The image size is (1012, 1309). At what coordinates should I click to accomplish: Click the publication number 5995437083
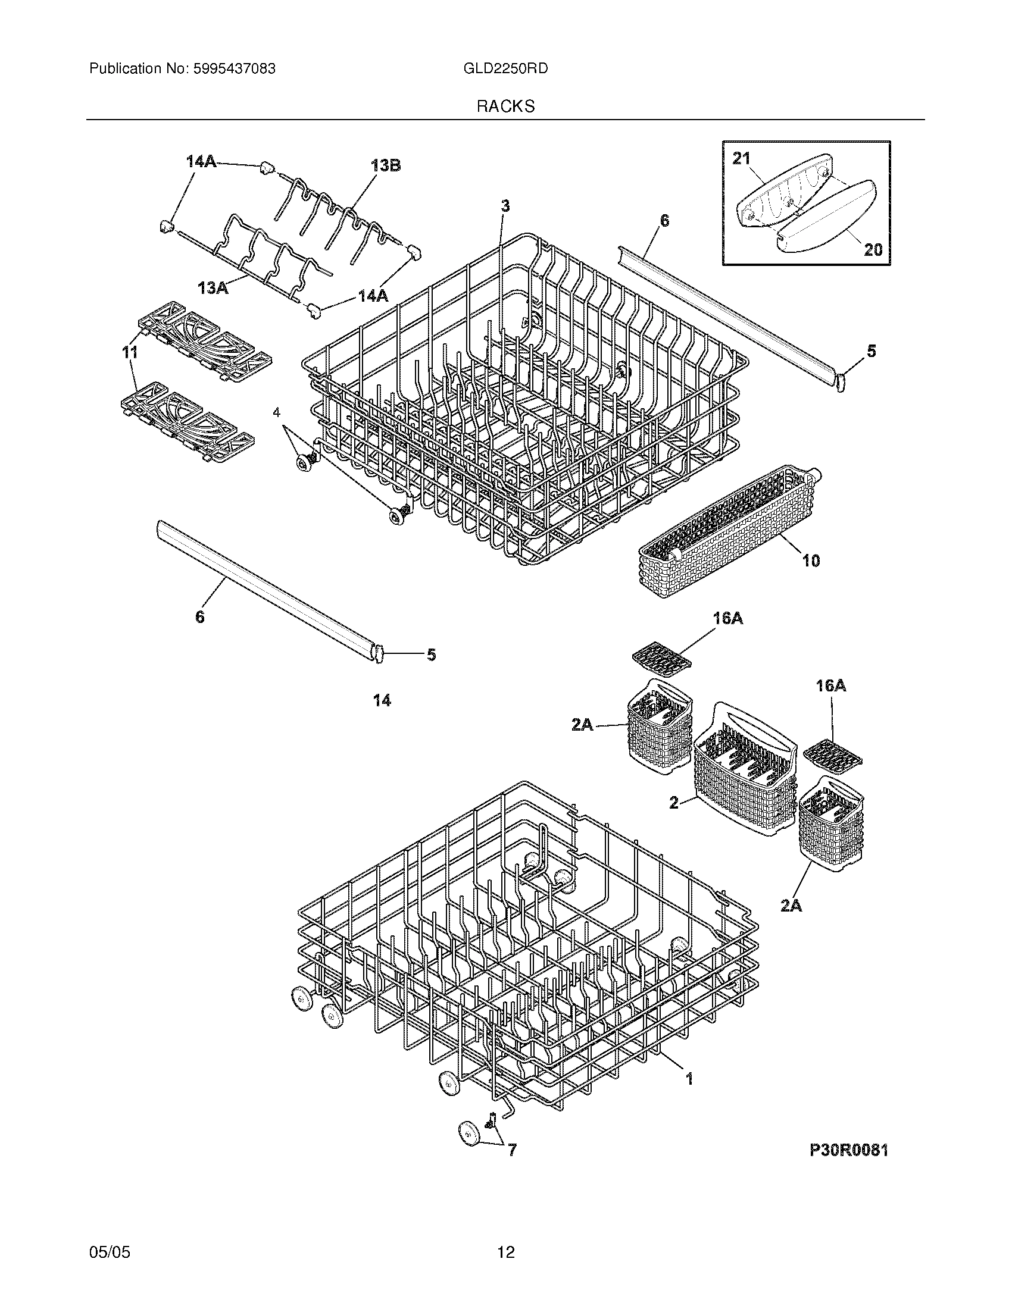234,69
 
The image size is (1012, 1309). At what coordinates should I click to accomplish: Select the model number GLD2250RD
505,69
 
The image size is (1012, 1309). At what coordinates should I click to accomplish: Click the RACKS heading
505,107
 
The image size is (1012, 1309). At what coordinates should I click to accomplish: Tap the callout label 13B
386,166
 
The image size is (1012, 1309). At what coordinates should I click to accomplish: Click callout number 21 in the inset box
741,159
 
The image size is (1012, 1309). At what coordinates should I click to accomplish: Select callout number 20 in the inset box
872,249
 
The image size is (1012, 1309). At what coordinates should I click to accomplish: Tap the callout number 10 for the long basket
811,561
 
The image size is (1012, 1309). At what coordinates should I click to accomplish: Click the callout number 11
130,353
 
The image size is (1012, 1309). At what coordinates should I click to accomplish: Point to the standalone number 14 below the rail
382,700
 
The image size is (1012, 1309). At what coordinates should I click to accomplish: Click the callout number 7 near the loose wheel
512,1150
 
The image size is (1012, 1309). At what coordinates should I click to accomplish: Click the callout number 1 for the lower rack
689,1079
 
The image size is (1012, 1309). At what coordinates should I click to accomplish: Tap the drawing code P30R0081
848,1150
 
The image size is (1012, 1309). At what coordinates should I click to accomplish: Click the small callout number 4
276,412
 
